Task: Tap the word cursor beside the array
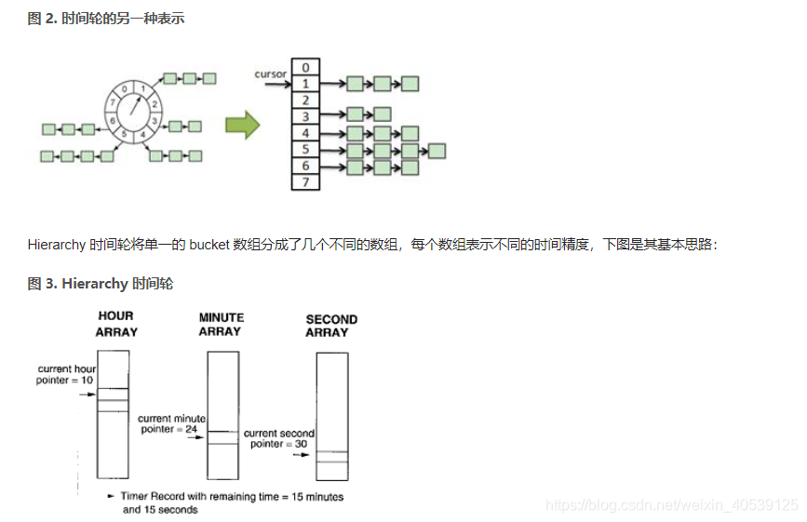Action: (x=270, y=73)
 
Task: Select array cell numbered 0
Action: (x=304, y=67)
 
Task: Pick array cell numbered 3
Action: (x=304, y=116)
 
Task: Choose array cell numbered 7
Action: (x=304, y=182)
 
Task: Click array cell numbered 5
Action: (x=304, y=150)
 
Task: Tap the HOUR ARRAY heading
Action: (x=115, y=324)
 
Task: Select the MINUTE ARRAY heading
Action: (x=221, y=325)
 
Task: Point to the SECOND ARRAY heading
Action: (x=331, y=326)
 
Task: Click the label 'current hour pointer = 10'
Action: (x=67, y=375)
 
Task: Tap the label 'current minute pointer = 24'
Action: (x=171, y=424)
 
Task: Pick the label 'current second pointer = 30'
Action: (x=278, y=438)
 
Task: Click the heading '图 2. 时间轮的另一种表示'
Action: (x=106, y=18)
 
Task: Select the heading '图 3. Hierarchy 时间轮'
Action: (x=101, y=283)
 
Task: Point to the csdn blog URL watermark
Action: (x=671, y=505)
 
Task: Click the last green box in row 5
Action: (x=437, y=150)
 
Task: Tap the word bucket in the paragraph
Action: (x=208, y=245)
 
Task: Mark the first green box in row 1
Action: (x=355, y=84)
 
